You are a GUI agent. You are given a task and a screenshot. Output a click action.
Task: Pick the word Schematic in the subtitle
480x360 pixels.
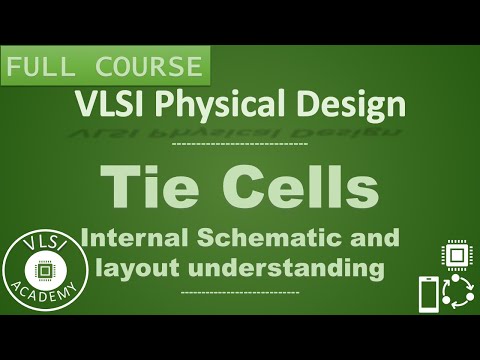click(271, 239)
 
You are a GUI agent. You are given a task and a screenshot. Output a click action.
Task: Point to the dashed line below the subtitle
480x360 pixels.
click(241, 292)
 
